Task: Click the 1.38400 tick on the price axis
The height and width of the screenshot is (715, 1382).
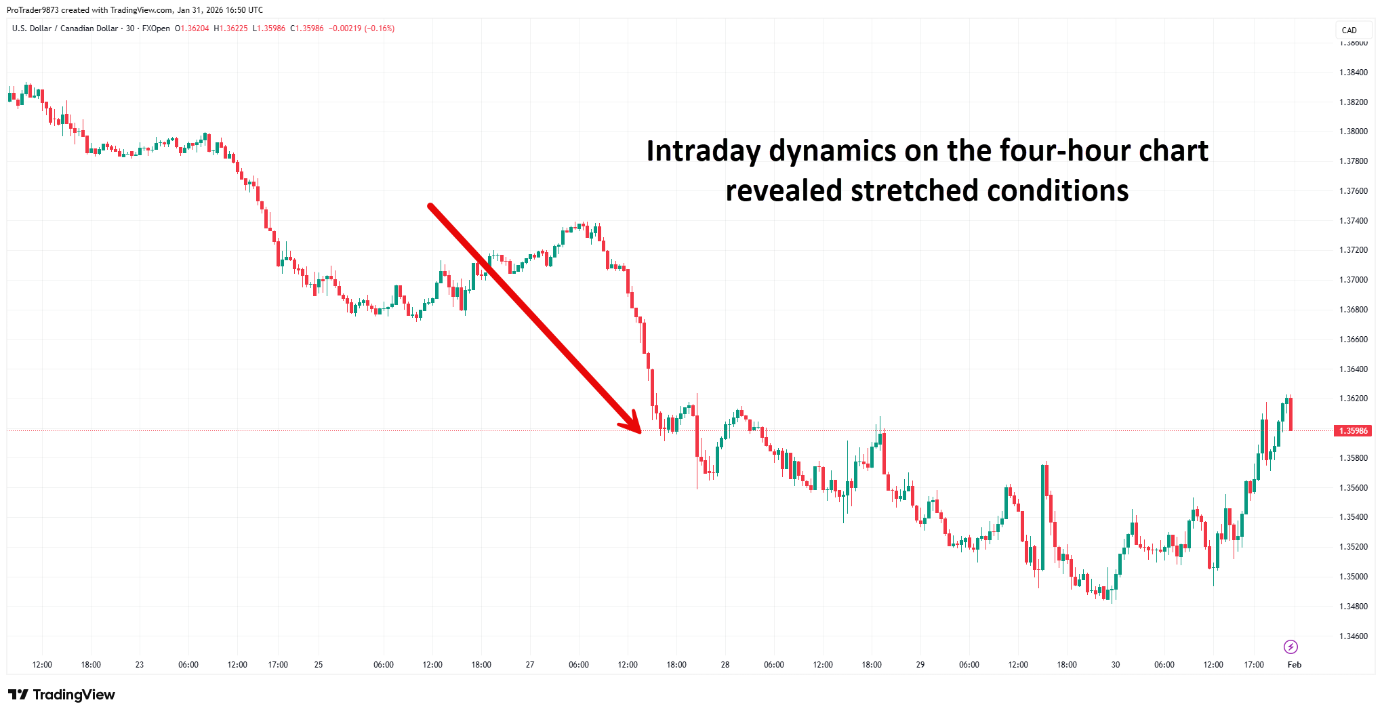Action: (1353, 73)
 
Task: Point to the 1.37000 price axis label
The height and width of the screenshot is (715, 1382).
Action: (1353, 280)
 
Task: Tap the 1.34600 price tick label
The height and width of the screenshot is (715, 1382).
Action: (1353, 636)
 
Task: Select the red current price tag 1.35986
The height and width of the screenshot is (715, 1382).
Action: (1352, 431)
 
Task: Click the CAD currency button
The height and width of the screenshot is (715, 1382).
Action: (1349, 30)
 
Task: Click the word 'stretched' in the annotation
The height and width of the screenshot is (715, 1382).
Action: (914, 191)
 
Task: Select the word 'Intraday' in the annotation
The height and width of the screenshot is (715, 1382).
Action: (703, 151)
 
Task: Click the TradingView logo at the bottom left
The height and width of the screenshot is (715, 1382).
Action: (62, 695)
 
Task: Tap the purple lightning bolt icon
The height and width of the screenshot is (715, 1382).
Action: (1290, 647)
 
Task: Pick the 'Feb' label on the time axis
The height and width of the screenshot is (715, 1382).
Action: (1294, 665)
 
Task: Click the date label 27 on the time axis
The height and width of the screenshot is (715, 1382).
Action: (530, 665)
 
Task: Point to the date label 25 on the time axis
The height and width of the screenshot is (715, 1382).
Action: (319, 665)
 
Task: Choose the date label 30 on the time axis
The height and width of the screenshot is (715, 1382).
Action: (1116, 665)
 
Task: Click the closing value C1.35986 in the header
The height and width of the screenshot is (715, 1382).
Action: (307, 28)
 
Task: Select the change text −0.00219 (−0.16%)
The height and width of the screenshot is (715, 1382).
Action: (361, 28)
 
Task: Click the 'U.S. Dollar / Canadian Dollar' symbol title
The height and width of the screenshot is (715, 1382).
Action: (65, 28)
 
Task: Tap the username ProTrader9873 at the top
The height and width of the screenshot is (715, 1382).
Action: (33, 10)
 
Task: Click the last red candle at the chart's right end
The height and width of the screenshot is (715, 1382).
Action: (1290, 413)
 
